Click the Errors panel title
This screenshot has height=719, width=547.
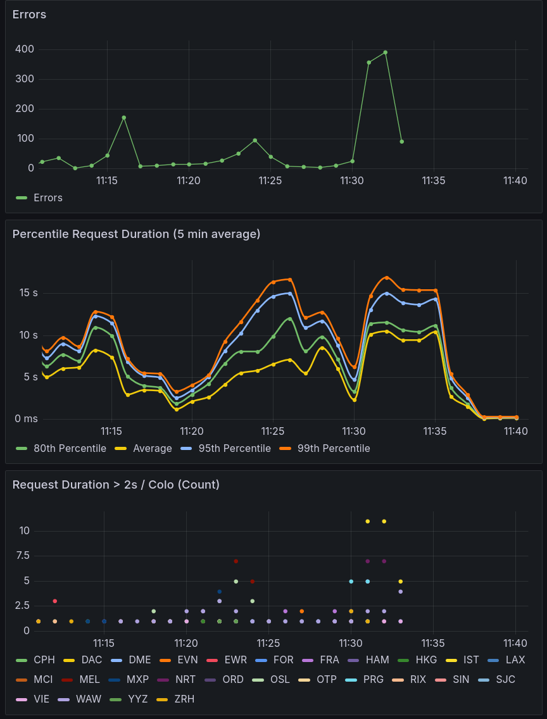29,15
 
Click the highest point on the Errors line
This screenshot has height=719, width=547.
385,53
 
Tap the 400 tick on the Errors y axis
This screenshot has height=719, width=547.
25,49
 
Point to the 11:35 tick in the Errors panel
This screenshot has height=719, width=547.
434,181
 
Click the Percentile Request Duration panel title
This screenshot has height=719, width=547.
136,234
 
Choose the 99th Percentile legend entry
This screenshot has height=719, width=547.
333,448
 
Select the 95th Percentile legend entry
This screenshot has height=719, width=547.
234,448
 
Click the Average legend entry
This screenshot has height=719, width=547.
152,448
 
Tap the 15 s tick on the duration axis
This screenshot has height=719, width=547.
28,293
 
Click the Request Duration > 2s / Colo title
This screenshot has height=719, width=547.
116,485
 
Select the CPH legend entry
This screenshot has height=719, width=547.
44,660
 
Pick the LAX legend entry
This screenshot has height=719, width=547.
515,660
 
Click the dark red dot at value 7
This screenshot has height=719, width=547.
236,561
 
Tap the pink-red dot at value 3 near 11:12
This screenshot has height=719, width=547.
55,601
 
